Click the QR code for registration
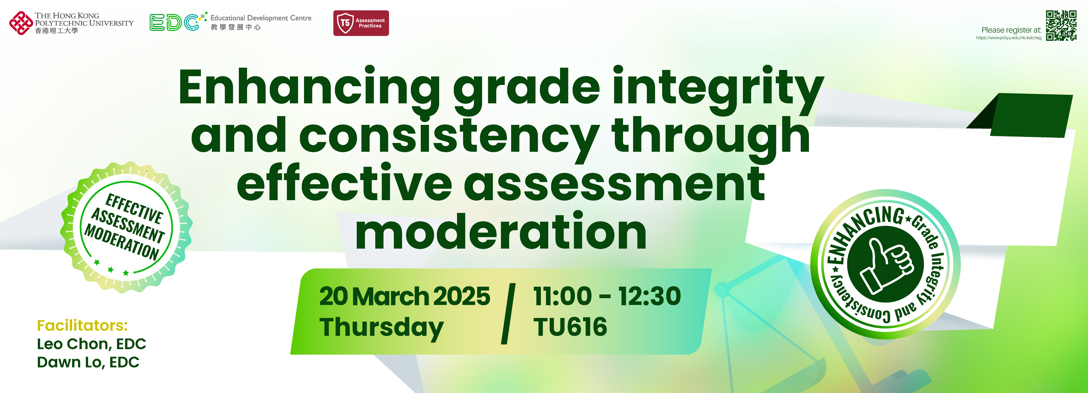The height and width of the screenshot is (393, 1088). pyautogui.click(x=1061, y=25)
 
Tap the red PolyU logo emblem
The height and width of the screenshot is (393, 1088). pyautogui.click(x=21, y=23)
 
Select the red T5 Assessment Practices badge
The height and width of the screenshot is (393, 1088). pyautogui.click(x=361, y=23)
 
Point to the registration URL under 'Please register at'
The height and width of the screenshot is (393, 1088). pyautogui.click(x=1009, y=38)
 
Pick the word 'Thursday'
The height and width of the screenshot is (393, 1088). pyautogui.click(x=381, y=328)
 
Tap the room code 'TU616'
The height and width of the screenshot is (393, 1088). pyautogui.click(x=570, y=327)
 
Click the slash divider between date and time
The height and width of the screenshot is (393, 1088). pyautogui.click(x=509, y=314)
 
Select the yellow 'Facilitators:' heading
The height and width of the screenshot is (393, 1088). pyautogui.click(x=82, y=325)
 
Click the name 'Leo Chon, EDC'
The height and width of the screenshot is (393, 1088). pyautogui.click(x=92, y=344)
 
